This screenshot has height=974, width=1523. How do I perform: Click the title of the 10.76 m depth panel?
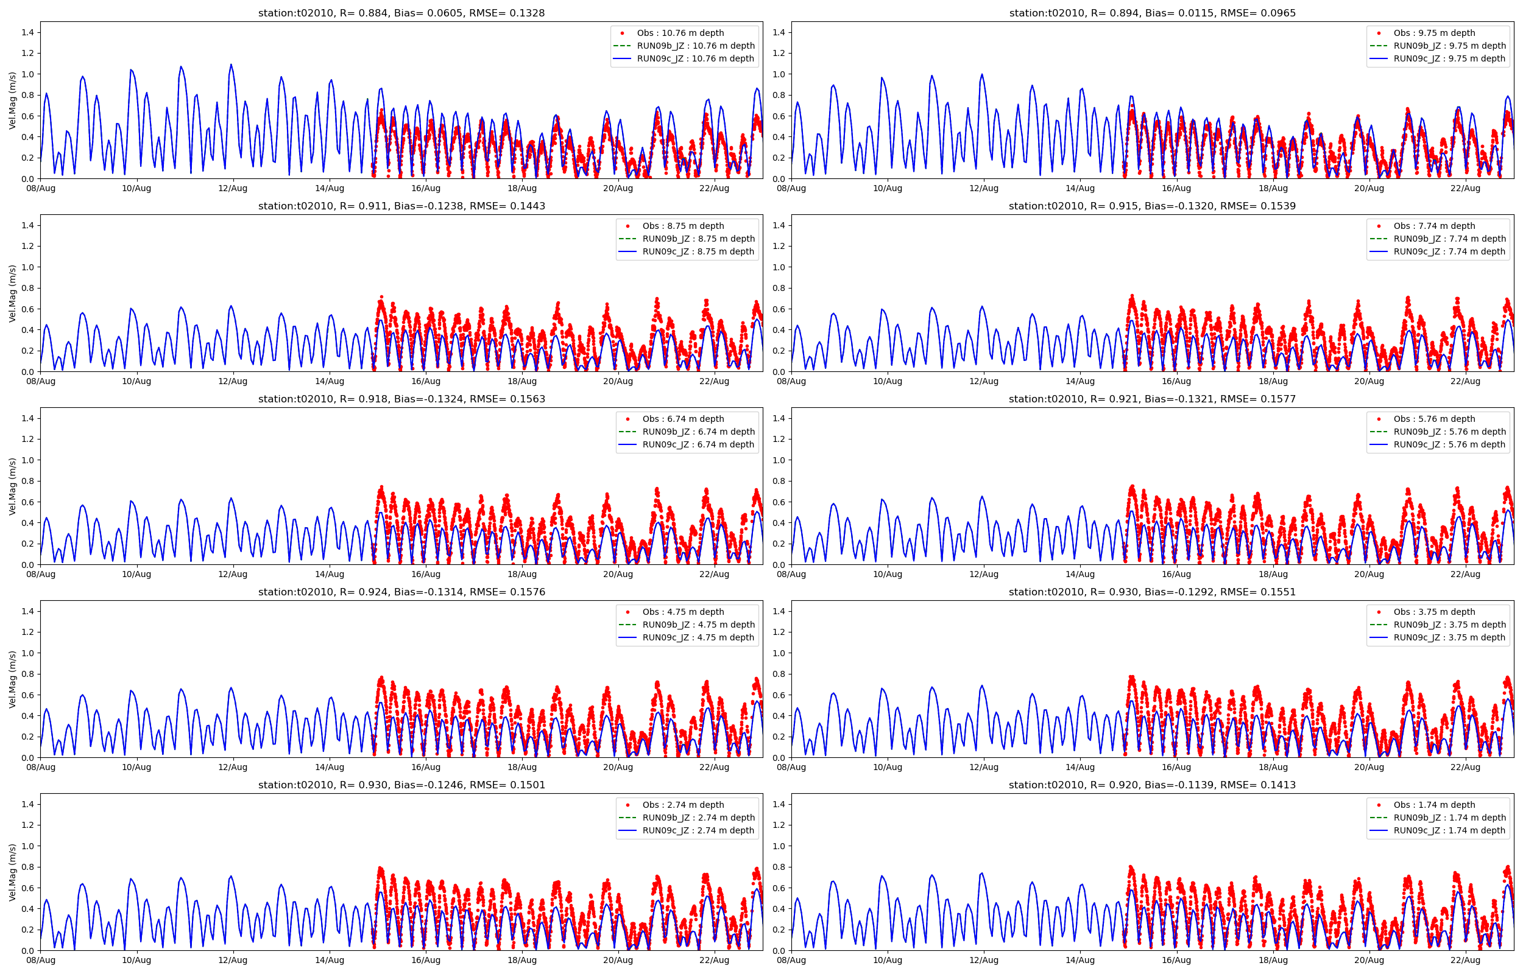coord(401,13)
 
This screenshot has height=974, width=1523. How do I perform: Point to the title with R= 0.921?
coord(1151,399)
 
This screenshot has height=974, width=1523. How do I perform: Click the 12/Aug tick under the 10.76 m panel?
coord(233,188)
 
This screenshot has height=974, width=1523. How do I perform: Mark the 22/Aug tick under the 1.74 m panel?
coord(1465,960)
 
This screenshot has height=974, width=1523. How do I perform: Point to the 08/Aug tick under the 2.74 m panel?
coord(40,960)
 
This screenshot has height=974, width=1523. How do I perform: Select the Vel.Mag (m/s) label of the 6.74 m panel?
coord(12,486)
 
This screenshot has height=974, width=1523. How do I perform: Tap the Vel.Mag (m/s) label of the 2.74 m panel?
coord(12,872)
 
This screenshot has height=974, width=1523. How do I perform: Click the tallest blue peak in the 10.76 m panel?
coord(231,65)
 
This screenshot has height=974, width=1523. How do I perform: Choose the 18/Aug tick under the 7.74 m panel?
coord(1273,380)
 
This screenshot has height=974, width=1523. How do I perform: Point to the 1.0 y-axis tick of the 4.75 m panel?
coord(28,653)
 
